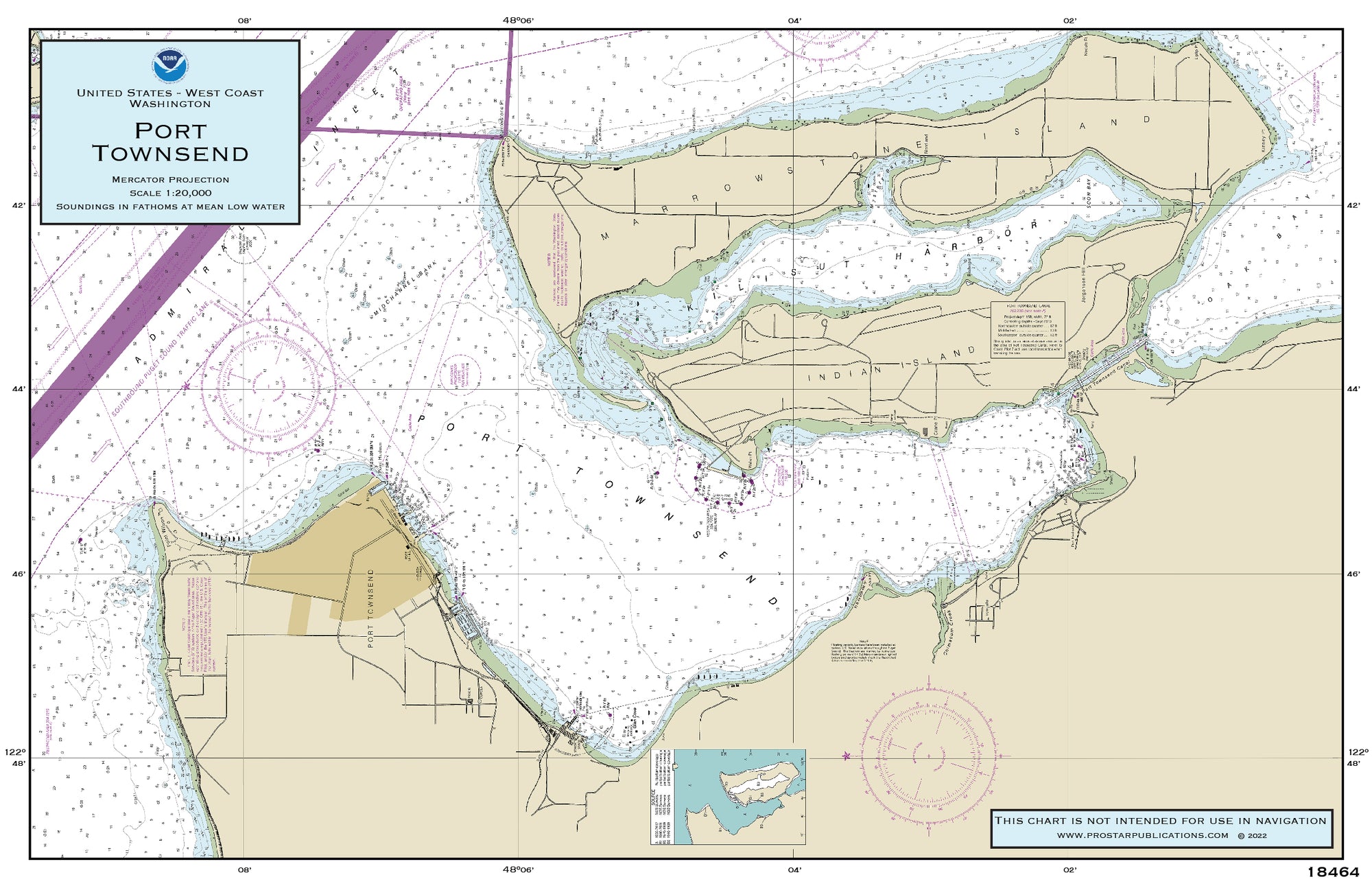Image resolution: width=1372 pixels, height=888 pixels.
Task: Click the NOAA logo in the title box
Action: (x=170, y=65)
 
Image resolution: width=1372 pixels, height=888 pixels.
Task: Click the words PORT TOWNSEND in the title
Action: (x=170, y=142)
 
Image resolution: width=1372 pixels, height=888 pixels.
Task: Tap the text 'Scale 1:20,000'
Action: (x=170, y=193)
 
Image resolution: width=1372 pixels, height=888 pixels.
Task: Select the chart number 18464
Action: (x=1332, y=872)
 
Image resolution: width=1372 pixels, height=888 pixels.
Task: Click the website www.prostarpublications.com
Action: (x=1142, y=835)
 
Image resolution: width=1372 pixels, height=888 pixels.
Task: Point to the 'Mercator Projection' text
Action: (x=170, y=180)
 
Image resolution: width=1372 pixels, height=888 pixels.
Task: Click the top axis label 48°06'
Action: (x=517, y=21)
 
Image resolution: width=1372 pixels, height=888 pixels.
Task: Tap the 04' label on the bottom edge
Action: (x=794, y=869)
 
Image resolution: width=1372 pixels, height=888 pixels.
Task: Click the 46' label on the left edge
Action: (x=19, y=574)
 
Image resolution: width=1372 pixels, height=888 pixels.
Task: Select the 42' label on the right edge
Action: (x=1353, y=205)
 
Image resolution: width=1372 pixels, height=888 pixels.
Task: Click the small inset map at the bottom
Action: (x=728, y=797)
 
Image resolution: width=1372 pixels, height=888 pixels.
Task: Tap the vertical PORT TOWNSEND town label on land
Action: (x=371, y=608)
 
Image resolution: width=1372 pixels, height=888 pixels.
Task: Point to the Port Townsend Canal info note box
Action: (x=1027, y=329)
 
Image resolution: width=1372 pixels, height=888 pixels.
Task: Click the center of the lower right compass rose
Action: (x=929, y=755)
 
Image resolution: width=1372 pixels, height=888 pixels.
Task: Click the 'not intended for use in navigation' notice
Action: (x=1161, y=821)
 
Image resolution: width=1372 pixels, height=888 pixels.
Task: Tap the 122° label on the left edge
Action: (x=15, y=752)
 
